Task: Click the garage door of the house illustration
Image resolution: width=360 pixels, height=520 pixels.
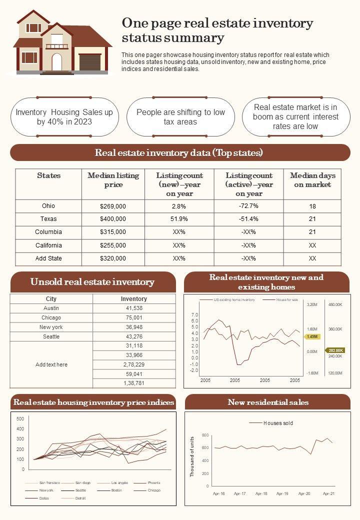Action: coord(89,62)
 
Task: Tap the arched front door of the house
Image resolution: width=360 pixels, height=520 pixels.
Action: coord(57,62)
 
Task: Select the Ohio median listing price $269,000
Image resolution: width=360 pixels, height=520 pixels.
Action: coord(113,206)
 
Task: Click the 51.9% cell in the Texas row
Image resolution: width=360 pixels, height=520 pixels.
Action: coord(179,219)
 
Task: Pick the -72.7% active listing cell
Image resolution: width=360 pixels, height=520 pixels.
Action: coord(248,206)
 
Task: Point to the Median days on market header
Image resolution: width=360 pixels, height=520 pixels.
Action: coord(312,180)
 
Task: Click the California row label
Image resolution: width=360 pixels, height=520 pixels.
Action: coord(48,245)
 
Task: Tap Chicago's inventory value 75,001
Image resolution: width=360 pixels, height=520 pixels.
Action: coord(134,317)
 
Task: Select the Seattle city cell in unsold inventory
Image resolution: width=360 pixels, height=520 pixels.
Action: coord(51,336)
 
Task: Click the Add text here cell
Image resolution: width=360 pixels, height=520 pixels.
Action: coord(51,364)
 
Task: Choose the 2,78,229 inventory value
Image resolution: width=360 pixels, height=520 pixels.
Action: coord(134,364)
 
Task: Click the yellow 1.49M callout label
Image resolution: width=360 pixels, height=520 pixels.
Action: coord(312,336)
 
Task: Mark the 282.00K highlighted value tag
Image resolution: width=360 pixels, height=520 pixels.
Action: coord(335,350)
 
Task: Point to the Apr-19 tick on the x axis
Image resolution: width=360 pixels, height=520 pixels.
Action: coord(282,493)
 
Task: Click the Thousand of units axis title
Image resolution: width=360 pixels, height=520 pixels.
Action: coord(192,456)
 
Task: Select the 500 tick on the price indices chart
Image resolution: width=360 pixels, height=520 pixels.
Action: coord(20,418)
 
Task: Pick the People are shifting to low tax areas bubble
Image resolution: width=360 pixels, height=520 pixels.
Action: coord(180,117)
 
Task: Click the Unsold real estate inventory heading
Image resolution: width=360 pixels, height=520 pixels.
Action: coord(92,282)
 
